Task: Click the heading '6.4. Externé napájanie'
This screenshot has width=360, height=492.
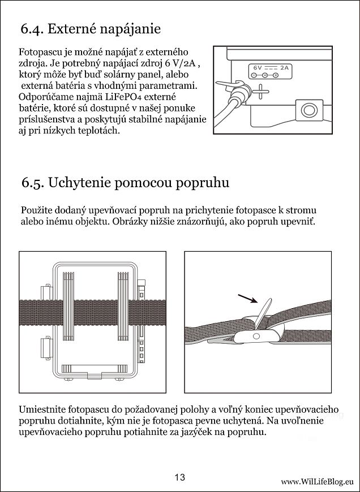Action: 91,29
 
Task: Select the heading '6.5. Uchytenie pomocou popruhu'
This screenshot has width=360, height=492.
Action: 125,183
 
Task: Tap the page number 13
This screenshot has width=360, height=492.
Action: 180,477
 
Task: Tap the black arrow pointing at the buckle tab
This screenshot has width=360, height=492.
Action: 245,299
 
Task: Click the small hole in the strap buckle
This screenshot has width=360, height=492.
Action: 255,336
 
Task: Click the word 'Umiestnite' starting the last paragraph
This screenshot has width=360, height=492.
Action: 43,409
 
